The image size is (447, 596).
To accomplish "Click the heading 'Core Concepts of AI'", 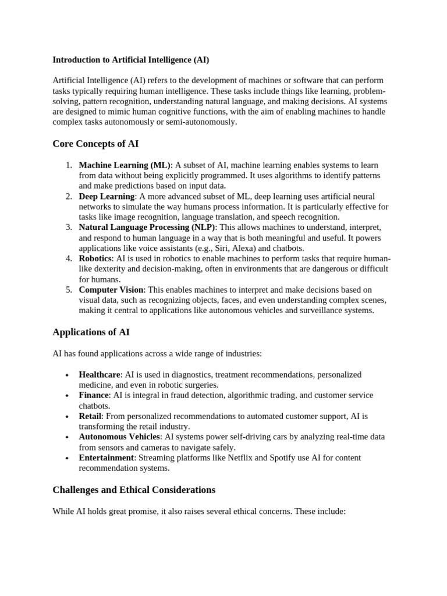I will [95, 144].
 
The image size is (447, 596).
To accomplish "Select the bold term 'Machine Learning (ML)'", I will [125, 165].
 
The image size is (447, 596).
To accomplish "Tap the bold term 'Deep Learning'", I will [107, 197].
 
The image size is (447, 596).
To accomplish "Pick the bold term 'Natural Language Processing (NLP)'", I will [147, 228].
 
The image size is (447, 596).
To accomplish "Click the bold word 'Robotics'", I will [95, 259].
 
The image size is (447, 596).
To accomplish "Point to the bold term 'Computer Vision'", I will [111, 290].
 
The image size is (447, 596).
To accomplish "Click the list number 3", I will [69, 228].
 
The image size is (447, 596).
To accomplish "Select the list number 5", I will [69, 290].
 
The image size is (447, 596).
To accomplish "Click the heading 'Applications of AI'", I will [91, 332].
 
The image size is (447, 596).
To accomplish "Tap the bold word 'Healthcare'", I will [100, 375].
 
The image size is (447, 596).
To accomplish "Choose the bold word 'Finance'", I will [94, 395].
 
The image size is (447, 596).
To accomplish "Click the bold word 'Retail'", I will [90, 416].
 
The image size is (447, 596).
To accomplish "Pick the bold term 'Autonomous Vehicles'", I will [119, 437].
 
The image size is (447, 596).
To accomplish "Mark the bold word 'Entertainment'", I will [107, 458].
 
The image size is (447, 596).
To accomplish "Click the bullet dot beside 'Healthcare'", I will [68, 375].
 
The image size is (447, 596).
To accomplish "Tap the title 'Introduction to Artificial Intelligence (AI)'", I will [131, 59].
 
